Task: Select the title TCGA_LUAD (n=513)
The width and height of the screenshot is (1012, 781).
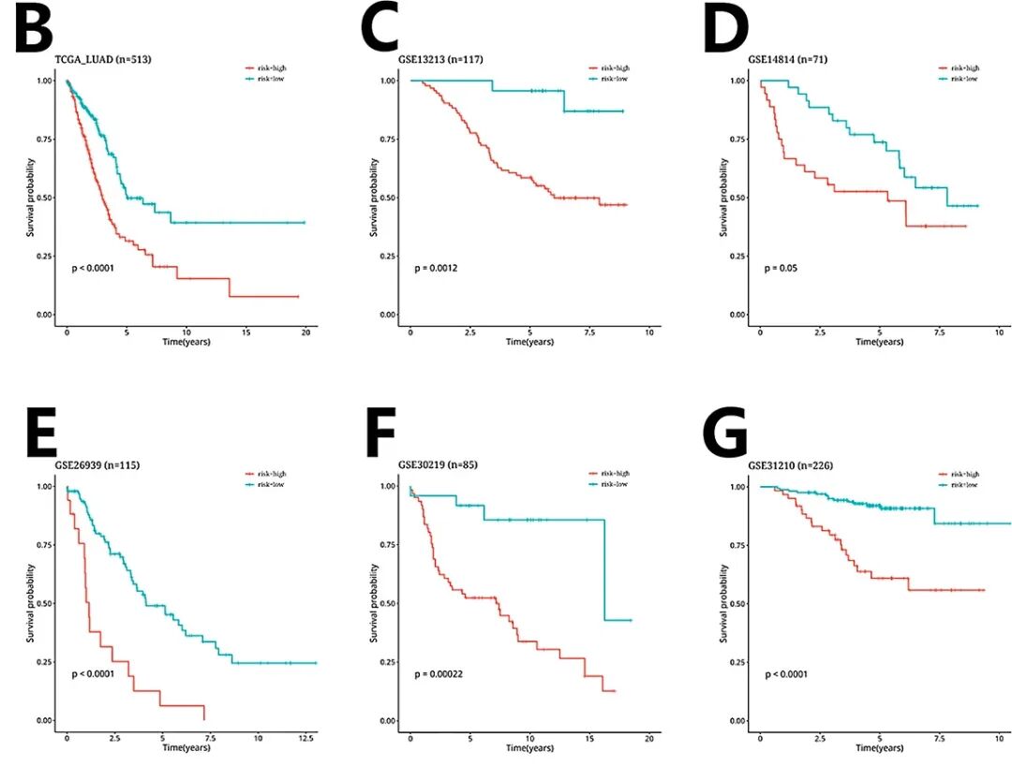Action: click(x=103, y=60)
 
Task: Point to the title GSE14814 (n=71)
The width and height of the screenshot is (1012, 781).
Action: click(x=787, y=60)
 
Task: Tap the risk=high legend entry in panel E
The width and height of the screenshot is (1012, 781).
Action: click(x=265, y=475)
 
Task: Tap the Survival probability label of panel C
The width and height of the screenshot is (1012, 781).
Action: click(x=376, y=197)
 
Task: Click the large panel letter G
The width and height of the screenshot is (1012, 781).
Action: click(x=725, y=435)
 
